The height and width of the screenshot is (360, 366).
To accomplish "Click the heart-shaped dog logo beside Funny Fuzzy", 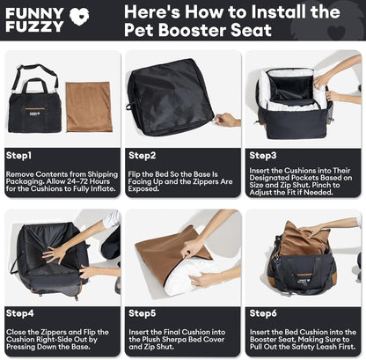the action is click(79, 17).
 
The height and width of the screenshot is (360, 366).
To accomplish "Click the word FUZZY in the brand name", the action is click(34, 26).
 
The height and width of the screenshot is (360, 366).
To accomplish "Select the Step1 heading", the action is click(18, 156).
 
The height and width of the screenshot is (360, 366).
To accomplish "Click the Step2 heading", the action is click(143, 156).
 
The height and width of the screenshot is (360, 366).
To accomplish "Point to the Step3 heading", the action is click(263, 156).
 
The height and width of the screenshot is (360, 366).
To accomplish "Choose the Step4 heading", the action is click(20, 313).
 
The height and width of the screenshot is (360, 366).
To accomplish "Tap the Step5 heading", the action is click(143, 313).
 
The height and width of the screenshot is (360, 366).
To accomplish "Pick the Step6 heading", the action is click(263, 313).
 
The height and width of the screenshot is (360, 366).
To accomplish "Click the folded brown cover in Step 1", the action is click(89, 107).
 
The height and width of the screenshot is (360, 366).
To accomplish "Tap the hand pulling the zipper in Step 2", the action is click(228, 120).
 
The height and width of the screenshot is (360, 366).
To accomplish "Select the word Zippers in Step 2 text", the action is click(203, 181).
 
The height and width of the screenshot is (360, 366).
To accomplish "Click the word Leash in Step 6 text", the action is click(324, 347).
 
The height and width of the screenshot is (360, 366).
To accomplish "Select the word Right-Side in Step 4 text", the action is click(54, 340).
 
